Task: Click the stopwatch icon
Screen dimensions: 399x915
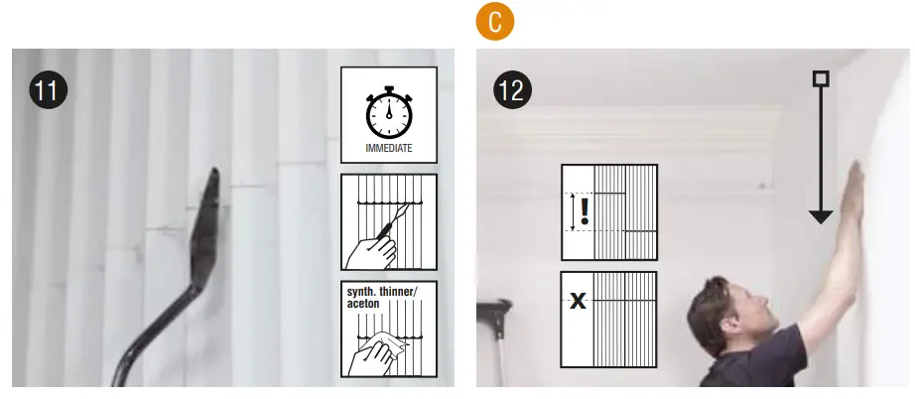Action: click(388, 114)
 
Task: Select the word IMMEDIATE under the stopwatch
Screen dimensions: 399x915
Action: click(388, 151)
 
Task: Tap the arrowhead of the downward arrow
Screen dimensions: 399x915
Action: click(820, 215)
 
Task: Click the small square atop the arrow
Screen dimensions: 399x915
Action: click(820, 78)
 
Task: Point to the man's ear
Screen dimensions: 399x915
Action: click(735, 319)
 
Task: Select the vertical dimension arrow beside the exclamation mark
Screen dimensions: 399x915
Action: click(571, 211)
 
